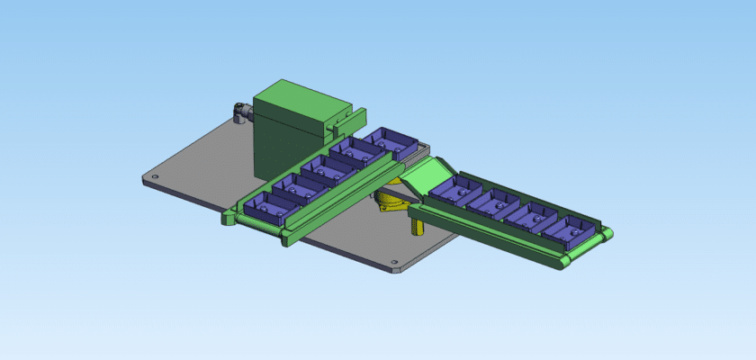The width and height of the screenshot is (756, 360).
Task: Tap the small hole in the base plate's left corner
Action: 154,177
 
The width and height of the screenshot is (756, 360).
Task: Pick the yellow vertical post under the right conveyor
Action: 416,224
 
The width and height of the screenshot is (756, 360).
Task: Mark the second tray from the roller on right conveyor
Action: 530,216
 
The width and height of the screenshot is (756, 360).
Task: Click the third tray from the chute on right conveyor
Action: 530,216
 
